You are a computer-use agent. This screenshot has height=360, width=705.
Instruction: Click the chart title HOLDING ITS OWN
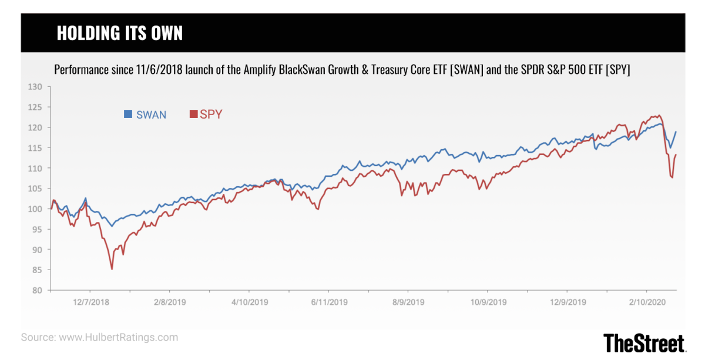[x=119, y=33]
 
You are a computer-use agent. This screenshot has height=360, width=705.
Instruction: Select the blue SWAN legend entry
[x=145, y=115]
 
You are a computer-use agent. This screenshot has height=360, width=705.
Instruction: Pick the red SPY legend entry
[x=206, y=115]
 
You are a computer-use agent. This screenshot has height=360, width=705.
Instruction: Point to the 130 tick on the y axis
[x=36, y=87]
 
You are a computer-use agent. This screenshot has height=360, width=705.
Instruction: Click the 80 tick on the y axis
[x=38, y=290]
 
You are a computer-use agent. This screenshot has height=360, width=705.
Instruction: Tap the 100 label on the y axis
[x=36, y=209]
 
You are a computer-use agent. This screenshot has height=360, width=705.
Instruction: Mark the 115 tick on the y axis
[x=36, y=148]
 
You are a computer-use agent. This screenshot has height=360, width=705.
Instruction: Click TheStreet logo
[x=644, y=342]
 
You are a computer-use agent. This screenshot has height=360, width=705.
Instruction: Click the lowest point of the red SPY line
[x=112, y=269]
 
